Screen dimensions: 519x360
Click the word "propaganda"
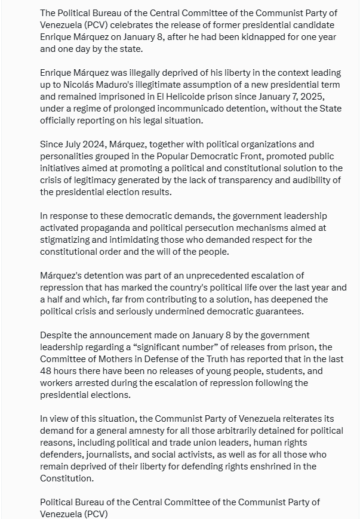pos(111,228)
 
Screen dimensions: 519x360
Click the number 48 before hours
pos(47,371)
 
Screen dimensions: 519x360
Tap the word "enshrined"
pos(263,467)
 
